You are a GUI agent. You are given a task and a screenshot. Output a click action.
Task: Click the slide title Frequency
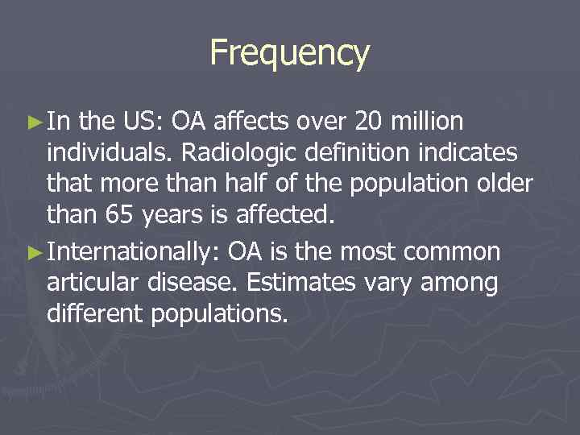click(289, 53)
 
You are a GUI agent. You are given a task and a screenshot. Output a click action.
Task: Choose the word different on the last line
click(96, 313)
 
